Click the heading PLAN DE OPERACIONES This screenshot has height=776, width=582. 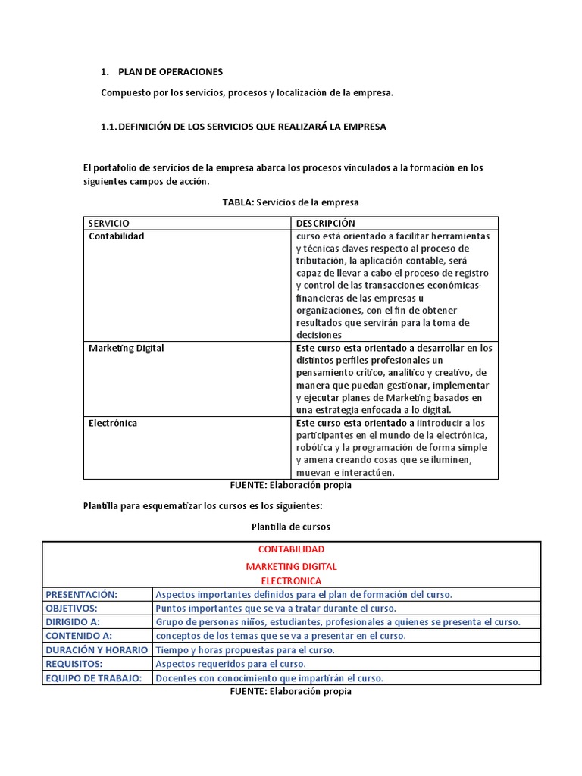click(171, 72)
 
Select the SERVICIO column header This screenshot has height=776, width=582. click(109, 224)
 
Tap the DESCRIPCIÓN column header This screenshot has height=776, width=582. click(325, 224)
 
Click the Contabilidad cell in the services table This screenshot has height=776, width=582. click(116, 236)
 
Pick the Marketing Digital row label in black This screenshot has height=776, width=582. click(126, 349)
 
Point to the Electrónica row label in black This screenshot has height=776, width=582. click(113, 424)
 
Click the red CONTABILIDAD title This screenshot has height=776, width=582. click(291, 549)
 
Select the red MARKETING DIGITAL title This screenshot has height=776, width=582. click(291, 567)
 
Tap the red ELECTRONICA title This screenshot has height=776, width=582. click(291, 581)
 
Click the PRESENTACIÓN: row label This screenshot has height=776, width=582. click(82, 595)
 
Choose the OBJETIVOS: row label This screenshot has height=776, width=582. click(72, 609)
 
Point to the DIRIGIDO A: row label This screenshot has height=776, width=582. click(74, 622)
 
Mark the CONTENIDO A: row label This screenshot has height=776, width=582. click(79, 636)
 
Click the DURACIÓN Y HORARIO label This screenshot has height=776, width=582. click(97, 650)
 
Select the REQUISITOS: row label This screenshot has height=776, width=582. click(74, 664)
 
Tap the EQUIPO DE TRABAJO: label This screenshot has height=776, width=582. click(94, 678)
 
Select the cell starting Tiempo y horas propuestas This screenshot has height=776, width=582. click(245, 650)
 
